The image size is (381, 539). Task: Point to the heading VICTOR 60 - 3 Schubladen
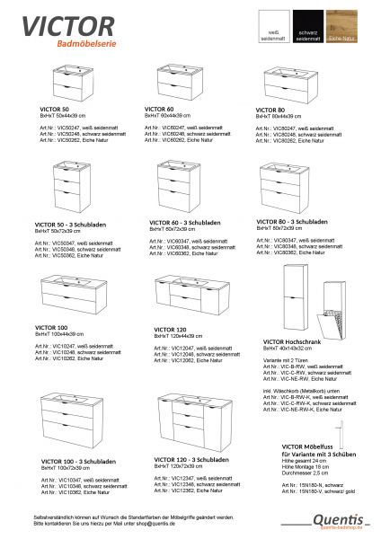pyautogui.click(x=180, y=220)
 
